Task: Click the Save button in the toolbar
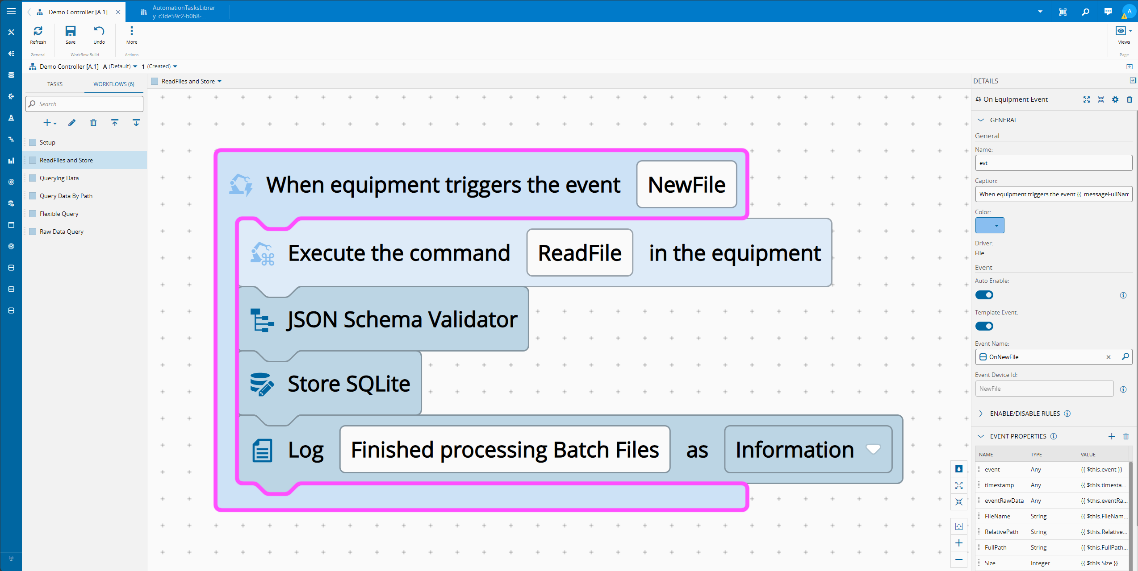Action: (71, 34)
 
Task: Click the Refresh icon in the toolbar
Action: (38, 34)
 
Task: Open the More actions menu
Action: (131, 34)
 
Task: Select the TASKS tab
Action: (55, 84)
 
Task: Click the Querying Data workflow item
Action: (59, 178)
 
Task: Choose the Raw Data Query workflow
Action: (61, 232)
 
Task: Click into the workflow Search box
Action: (85, 104)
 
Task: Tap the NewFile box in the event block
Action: (686, 185)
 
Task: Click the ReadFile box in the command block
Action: (579, 253)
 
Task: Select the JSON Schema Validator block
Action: (402, 319)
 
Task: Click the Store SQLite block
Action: (348, 384)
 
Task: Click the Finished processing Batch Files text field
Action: (505, 450)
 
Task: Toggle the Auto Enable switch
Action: (984, 295)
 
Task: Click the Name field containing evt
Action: (1053, 163)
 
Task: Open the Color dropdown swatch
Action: (989, 225)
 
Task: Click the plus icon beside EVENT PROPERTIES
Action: (1112, 436)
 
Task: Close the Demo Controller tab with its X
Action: (118, 12)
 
